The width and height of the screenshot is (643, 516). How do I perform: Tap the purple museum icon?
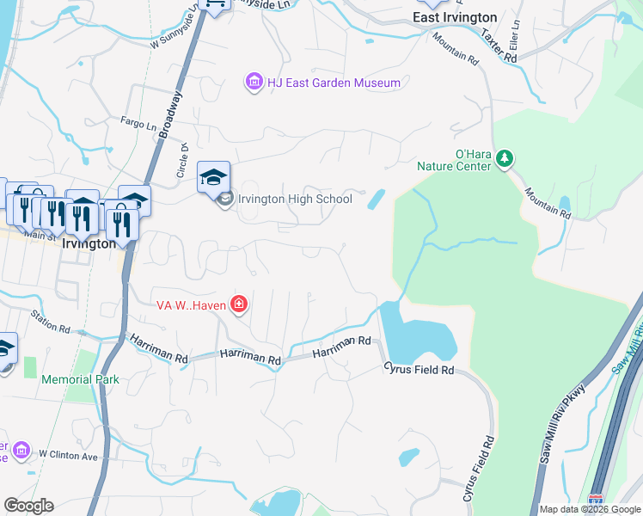pos(254,83)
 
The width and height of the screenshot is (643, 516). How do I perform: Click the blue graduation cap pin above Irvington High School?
pos(214,178)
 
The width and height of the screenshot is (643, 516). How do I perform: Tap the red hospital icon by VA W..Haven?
pos(238,304)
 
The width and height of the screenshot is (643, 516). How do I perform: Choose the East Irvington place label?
pos(455,17)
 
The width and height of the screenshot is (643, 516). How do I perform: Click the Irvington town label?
pos(89,243)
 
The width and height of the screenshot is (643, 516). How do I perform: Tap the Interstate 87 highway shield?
pos(596,500)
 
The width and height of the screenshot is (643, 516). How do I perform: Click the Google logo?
pos(28,506)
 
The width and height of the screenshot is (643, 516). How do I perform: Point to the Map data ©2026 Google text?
pos(589,509)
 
